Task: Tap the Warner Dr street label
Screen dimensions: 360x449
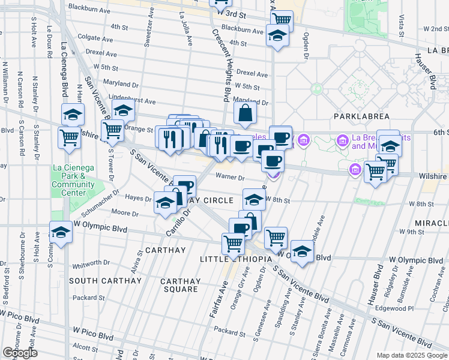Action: pyautogui.click(x=231, y=178)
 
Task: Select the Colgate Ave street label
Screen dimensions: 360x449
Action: pyautogui.click(x=96, y=37)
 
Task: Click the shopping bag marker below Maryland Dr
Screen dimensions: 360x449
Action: pyautogui.click(x=246, y=112)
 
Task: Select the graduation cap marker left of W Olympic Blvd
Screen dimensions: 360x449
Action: pyautogui.click(x=61, y=232)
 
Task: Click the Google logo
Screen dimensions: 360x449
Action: pyautogui.click(x=20, y=353)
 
